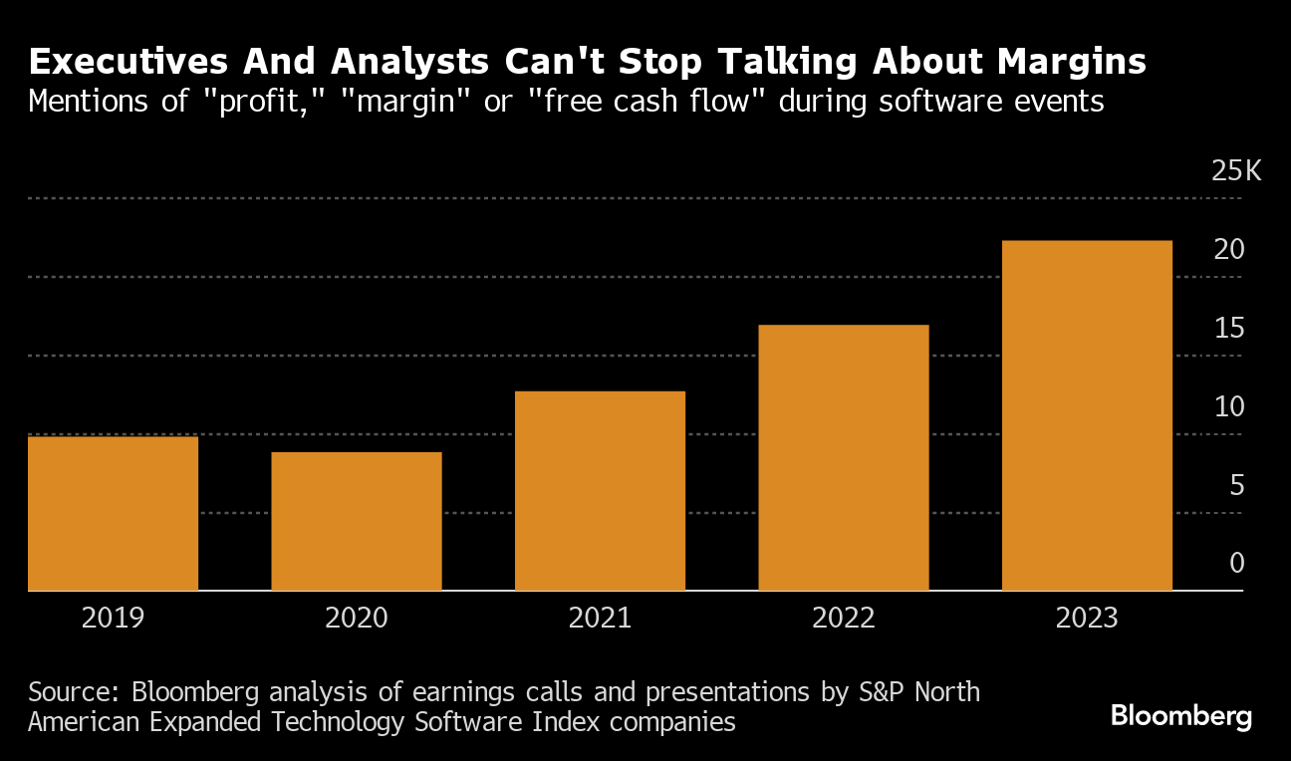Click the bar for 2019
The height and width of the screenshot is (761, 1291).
(x=113, y=514)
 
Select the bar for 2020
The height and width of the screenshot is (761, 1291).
(x=357, y=522)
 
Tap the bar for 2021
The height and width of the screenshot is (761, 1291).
(x=600, y=491)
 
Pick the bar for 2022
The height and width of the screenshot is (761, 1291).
(x=844, y=458)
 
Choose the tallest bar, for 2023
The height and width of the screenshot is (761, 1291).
(x=1087, y=416)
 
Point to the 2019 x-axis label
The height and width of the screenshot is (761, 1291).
(x=113, y=618)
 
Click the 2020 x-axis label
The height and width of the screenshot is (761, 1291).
(x=357, y=618)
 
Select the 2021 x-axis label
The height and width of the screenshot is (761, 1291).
(x=600, y=618)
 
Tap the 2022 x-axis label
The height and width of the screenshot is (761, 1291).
(x=844, y=618)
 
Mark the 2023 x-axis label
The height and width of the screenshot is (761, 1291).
(x=1087, y=618)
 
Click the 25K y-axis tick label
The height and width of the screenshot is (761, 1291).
(x=1235, y=171)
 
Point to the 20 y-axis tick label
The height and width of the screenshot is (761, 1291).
(x=1229, y=250)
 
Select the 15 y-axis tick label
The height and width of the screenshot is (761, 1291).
(x=1229, y=329)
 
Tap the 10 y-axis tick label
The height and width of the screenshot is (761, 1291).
(x=1229, y=407)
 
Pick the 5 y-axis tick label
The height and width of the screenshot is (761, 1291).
(x=1236, y=486)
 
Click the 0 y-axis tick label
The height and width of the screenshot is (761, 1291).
(x=1236, y=564)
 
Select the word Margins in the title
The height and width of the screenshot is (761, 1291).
(x=1063, y=63)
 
